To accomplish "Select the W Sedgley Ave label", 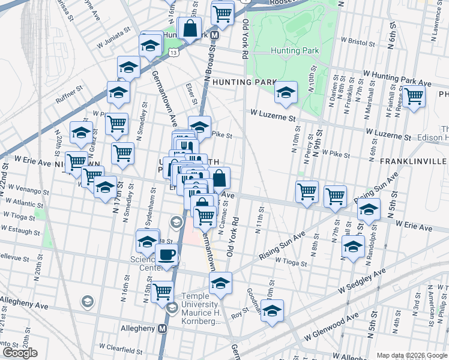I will tap(361, 283).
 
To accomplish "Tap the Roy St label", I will tap(240, 313).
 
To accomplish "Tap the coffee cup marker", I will tap(167, 254).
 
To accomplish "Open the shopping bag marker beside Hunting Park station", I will tap(190, 28).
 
